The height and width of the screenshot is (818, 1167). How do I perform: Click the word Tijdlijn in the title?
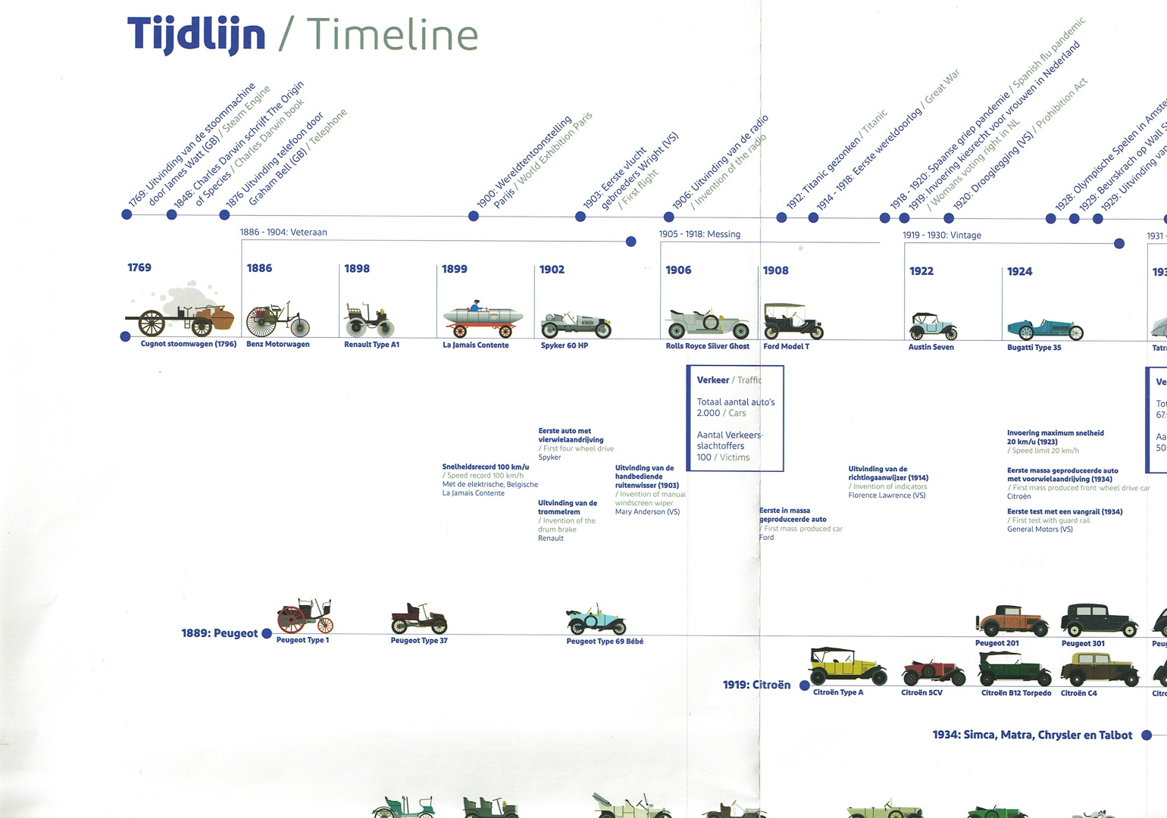196,35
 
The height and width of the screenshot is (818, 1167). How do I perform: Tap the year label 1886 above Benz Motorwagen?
259,268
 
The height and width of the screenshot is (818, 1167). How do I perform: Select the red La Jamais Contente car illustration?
482,320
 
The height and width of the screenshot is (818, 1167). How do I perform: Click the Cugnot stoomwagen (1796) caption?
189,344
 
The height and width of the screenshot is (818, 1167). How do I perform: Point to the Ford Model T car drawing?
792,321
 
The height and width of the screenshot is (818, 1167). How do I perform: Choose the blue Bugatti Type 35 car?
1045,329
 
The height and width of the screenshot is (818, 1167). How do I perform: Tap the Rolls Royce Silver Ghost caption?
707,346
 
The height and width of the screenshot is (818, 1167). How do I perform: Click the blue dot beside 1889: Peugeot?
267,633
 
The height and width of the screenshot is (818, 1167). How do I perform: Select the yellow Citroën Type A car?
847,667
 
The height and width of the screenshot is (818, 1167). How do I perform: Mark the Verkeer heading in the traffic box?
713,380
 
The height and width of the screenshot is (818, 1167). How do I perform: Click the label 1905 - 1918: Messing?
699,234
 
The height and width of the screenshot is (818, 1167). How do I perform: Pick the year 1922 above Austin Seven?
921,271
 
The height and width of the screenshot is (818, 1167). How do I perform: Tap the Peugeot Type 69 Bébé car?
597,620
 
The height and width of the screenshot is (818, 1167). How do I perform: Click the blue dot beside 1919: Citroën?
805,685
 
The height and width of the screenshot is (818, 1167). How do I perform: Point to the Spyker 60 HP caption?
565,345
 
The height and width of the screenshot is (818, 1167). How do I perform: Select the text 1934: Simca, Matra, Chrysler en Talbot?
1032,735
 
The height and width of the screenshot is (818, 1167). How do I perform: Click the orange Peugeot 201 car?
1012,621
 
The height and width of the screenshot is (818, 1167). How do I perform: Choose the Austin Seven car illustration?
933,326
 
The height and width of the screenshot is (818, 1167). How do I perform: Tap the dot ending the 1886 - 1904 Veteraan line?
631,242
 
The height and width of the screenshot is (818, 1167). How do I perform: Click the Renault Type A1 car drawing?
370,321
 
